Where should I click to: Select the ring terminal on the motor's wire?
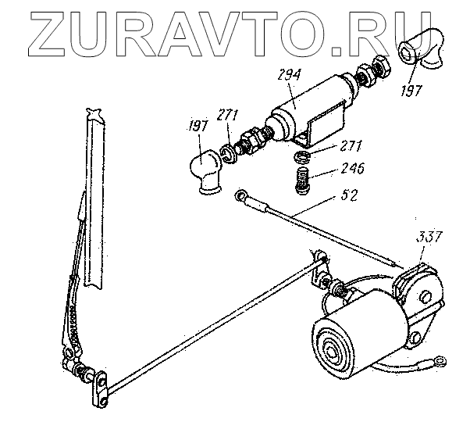(x=441, y=362)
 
